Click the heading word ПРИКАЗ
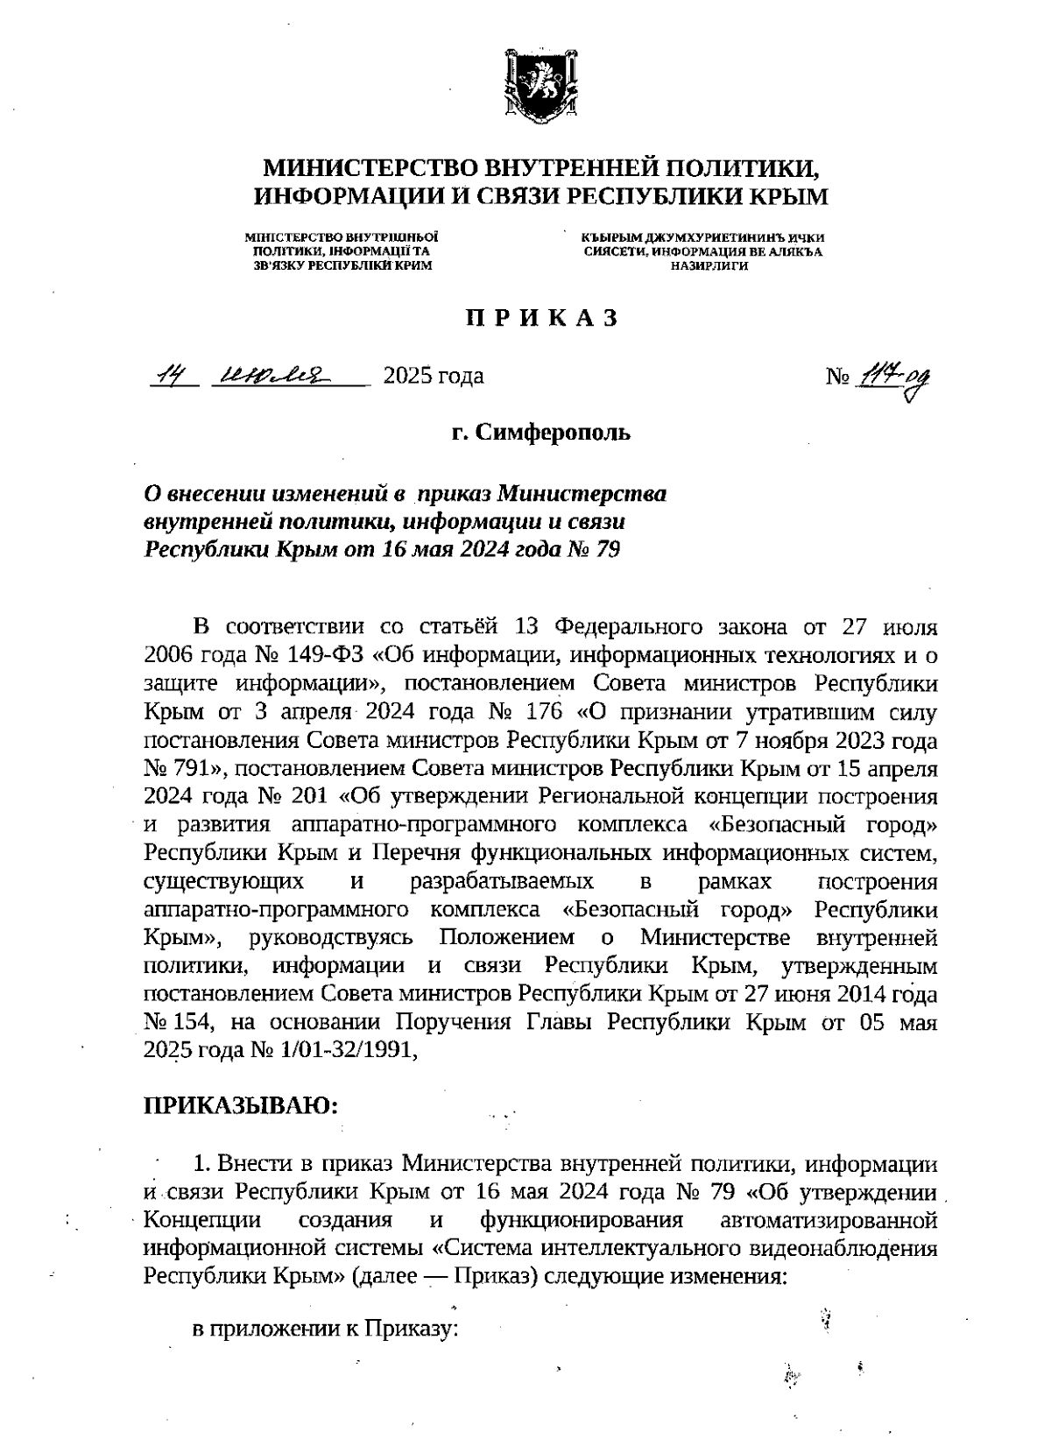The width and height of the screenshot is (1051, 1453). pyautogui.click(x=541, y=319)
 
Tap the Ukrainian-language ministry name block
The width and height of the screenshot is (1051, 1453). pyautogui.click(x=342, y=251)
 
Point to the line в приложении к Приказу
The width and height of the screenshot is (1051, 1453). pyautogui.click(x=326, y=1329)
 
